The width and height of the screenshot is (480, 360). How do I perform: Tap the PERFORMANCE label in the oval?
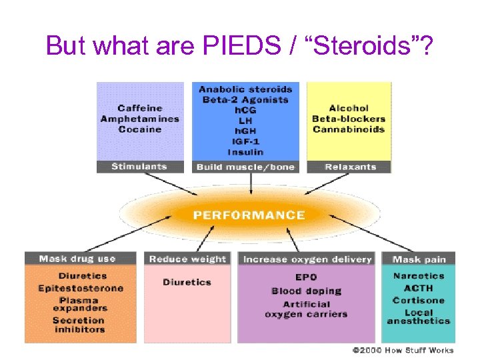tap(249, 215)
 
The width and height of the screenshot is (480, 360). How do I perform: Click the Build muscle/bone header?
tap(245, 167)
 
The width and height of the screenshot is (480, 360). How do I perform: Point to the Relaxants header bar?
tap(350, 167)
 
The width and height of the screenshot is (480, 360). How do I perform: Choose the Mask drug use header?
tap(77, 259)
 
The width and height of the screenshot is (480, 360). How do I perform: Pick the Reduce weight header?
tap(187, 259)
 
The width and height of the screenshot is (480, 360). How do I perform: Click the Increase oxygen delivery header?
tap(307, 259)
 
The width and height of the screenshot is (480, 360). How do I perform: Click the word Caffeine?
tap(140, 108)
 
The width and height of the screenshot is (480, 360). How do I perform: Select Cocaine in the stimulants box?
tap(140, 129)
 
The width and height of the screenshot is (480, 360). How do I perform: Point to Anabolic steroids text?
tap(245, 89)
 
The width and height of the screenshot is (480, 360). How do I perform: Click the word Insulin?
tap(245, 153)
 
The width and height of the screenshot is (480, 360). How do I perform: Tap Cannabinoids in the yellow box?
tap(349, 129)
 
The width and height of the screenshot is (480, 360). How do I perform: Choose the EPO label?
tap(306, 277)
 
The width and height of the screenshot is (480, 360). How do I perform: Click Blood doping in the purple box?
tap(306, 291)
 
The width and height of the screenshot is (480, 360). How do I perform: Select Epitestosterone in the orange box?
tap(81, 288)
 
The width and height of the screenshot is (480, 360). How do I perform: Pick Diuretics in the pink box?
tap(187, 282)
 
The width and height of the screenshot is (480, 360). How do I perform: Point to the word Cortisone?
tap(418, 300)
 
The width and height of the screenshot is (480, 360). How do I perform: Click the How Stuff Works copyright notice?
tap(403, 350)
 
